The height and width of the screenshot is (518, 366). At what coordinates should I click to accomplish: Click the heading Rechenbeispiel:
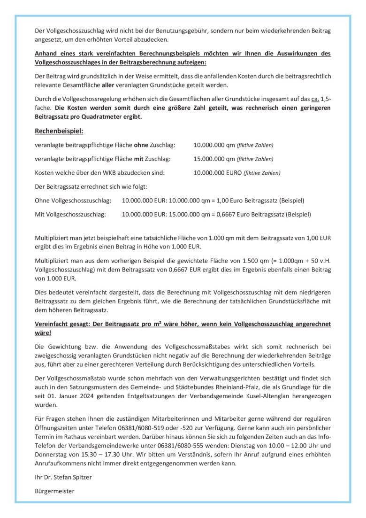(x=59, y=131)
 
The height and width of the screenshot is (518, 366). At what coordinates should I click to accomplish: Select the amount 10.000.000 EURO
(x=217, y=173)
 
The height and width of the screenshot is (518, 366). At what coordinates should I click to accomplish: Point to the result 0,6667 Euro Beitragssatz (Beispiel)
(x=264, y=215)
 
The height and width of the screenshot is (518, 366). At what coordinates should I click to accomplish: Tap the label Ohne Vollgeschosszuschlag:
(x=73, y=201)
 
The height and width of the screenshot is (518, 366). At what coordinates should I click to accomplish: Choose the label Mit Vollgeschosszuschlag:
(x=70, y=215)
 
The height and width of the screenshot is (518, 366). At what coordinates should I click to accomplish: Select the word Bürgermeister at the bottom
(x=54, y=492)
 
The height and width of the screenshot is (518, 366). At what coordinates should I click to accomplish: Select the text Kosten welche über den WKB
(x=77, y=173)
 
